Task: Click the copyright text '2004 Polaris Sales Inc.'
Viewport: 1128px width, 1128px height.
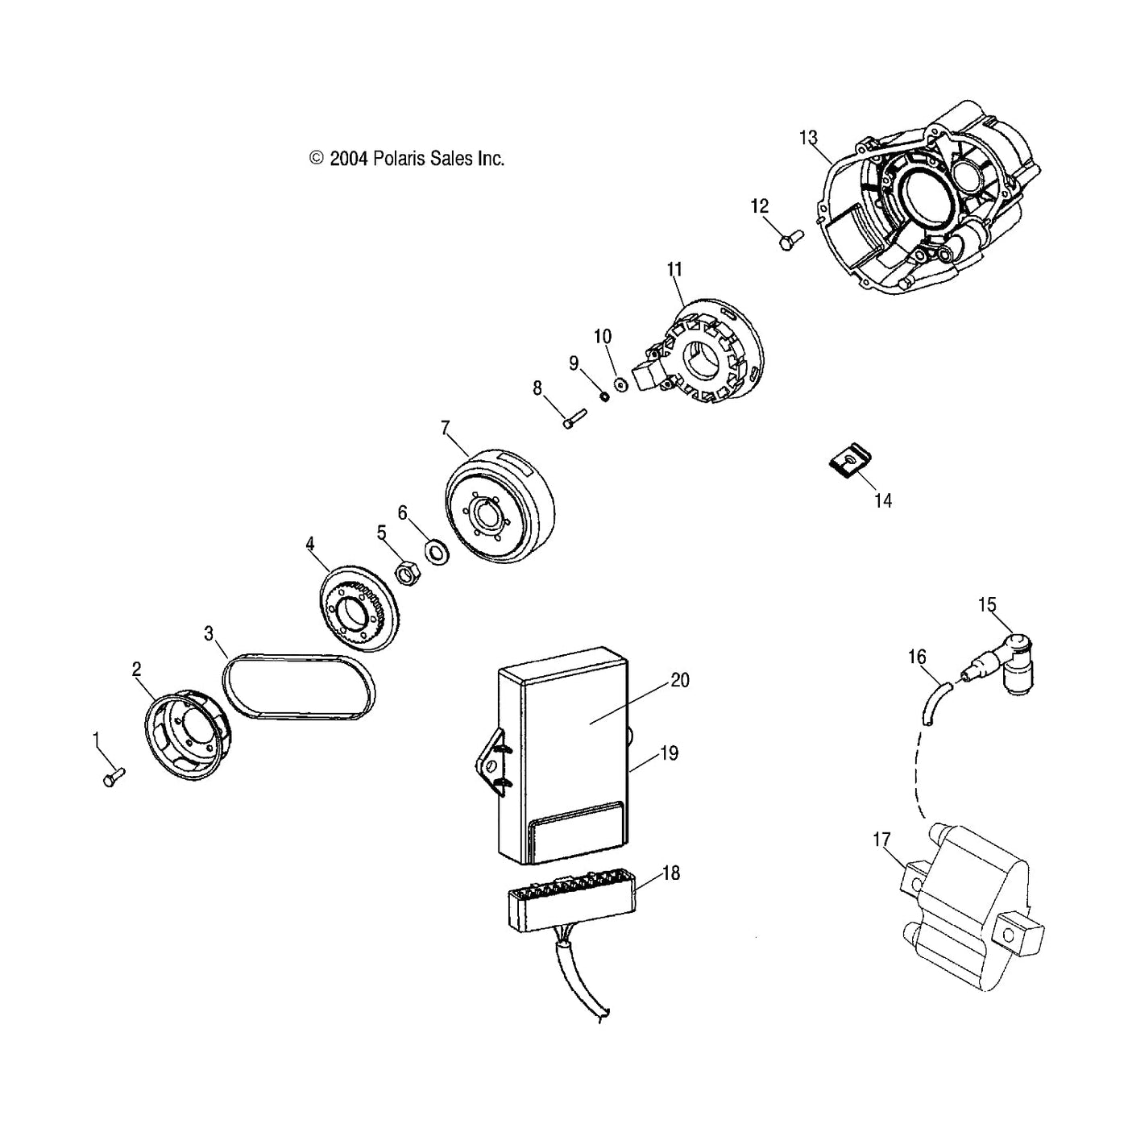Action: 407,159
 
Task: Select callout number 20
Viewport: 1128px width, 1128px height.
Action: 680,681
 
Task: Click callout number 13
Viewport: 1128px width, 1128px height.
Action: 808,138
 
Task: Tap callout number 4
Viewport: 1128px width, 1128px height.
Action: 310,545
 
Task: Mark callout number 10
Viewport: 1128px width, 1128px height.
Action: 603,337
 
